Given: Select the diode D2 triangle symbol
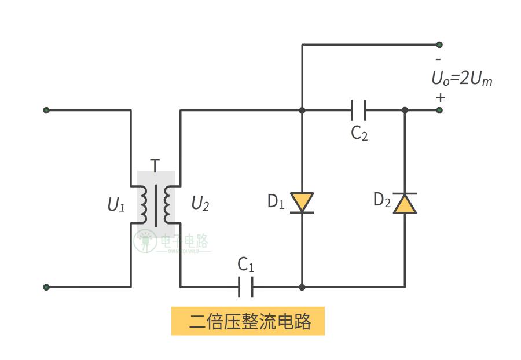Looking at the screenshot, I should (x=405, y=203).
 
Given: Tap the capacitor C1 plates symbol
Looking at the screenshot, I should (x=245, y=286).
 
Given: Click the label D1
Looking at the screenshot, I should (x=276, y=201).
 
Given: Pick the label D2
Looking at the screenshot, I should (x=381, y=200).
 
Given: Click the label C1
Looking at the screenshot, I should (x=246, y=265).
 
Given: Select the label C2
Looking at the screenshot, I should (x=359, y=134).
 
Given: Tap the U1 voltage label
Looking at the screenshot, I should (x=116, y=205).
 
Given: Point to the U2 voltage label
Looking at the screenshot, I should (x=200, y=204).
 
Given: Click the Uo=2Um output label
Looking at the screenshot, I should (x=461, y=79).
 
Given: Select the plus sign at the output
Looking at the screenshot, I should (x=441, y=97).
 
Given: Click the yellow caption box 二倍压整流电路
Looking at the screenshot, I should (x=248, y=321).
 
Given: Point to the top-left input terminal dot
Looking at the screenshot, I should (x=46, y=110).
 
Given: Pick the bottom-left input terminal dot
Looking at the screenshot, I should (x=46, y=287).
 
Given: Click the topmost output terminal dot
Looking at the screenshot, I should (x=439, y=45).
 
